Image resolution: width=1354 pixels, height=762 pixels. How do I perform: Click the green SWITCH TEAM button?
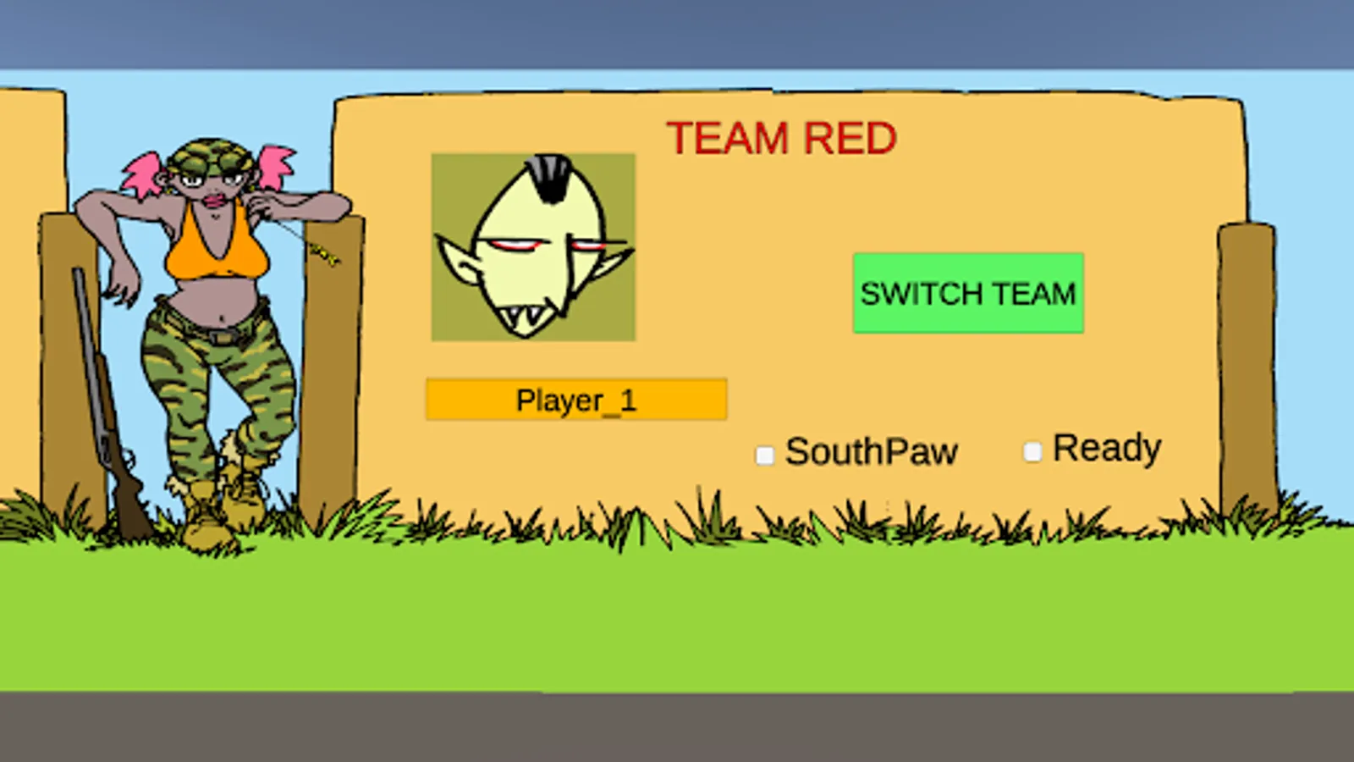[968, 293]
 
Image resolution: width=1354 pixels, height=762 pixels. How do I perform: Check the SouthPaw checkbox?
[765, 456]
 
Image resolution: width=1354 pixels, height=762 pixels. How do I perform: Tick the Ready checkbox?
[1032, 452]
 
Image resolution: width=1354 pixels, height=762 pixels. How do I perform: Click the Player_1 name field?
[576, 400]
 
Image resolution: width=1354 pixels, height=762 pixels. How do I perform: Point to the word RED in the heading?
[850, 138]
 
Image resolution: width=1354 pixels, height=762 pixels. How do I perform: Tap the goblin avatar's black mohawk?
[551, 176]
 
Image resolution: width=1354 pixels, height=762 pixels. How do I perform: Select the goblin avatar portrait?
[533, 247]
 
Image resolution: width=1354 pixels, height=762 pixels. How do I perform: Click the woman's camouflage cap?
[210, 157]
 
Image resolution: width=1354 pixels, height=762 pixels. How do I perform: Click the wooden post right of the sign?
[1247, 364]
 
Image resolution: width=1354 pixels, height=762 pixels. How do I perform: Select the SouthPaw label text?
[872, 452]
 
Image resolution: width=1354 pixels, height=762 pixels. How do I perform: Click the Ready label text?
[1107, 448]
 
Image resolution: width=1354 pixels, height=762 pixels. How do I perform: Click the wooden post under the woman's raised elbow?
[332, 364]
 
